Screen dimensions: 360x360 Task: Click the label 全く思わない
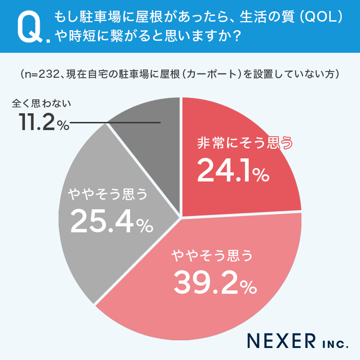[x=41, y=103]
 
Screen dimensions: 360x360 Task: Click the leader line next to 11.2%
[x=115, y=123]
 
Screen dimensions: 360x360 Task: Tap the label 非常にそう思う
[x=244, y=144]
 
